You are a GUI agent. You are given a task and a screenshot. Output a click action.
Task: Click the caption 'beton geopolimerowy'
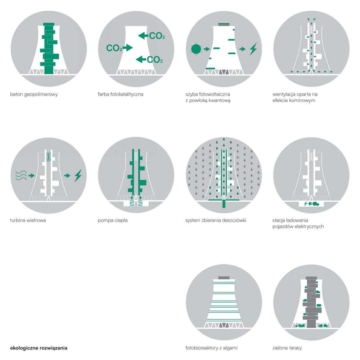[34, 94]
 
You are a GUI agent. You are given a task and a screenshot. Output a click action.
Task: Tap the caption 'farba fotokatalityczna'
[120, 94]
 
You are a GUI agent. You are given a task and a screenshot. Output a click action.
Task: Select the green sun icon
[196, 49]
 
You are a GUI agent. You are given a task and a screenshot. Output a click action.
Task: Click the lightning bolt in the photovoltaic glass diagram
[253, 49]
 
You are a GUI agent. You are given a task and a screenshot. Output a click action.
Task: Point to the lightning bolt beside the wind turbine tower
[78, 176]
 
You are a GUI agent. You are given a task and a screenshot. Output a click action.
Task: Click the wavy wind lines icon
[21, 175]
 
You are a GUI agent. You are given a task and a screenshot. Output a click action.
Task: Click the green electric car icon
[316, 204]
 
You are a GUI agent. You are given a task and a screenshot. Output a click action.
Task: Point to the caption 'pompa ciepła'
[113, 220]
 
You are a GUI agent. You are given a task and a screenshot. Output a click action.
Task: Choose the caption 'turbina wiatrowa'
[28, 220]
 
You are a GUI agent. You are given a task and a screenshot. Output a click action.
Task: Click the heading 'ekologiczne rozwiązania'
[39, 348]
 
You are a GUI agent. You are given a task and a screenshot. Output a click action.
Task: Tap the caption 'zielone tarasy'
[287, 348]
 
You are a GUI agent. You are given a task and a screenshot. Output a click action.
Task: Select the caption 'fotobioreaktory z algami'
[211, 348]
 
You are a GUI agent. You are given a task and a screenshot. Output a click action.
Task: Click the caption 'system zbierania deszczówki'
[216, 220]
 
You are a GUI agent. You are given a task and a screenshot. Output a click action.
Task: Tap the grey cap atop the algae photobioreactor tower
[224, 278]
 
